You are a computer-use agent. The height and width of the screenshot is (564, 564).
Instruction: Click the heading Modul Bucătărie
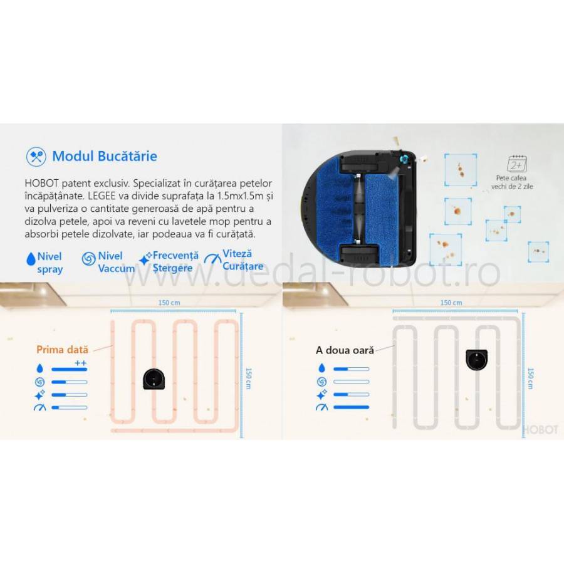click(105, 156)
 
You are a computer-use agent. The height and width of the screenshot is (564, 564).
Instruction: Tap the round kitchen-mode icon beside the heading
click(35, 156)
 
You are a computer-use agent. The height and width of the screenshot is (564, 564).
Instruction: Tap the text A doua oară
click(345, 350)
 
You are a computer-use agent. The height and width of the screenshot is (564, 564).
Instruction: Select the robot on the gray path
click(478, 359)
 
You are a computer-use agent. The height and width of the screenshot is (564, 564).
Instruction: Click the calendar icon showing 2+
click(518, 164)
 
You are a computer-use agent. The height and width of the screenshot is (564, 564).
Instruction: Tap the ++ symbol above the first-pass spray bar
click(81, 363)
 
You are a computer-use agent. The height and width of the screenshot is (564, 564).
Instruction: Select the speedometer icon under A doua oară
click(322, 407)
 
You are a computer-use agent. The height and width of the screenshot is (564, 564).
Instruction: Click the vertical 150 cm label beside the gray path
click(531, 379)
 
